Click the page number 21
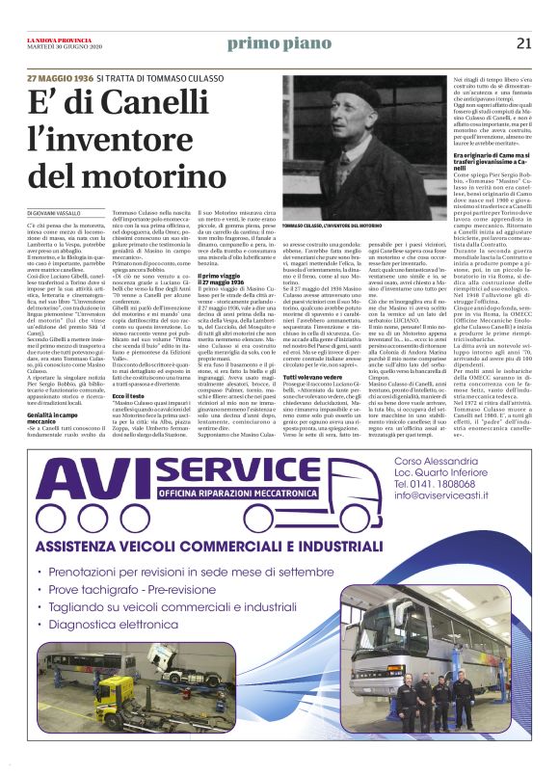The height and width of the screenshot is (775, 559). pyautogui.click(x=524, y=42)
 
